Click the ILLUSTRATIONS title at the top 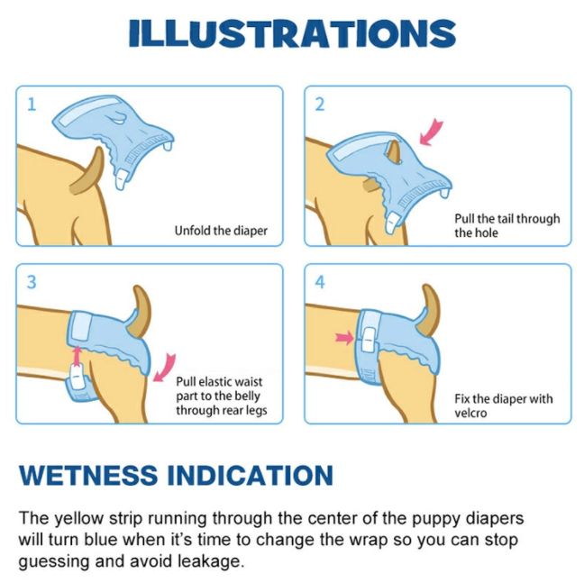[x=292, y=33]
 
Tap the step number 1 [x=32, y=105]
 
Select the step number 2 [x=320, y=105]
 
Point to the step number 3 [x=32, y=282]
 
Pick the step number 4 [x=320, y=282]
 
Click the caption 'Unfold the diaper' [x=221, y=231]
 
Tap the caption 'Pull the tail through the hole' [x=506, y=225]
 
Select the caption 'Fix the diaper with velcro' [x=503, y=405]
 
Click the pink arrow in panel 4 [x=344, y=338]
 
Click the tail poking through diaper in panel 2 [x=394, y=152]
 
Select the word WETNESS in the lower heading [x=88, y=476]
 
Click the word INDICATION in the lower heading [x=251, y=476]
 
